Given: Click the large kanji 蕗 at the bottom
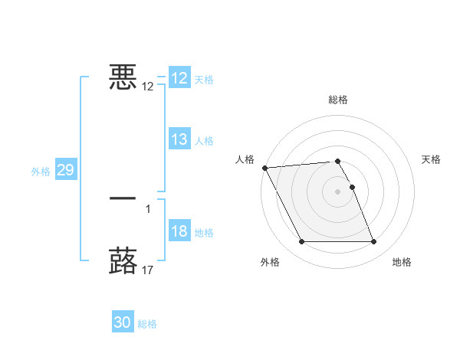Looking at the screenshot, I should (x=123, y=260).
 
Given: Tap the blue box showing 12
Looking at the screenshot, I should (x=179, y=78).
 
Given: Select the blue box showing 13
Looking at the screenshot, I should (x=179, y=139).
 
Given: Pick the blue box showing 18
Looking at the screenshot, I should (x=179, y=232).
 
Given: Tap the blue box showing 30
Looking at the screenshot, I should (x=123, y=322).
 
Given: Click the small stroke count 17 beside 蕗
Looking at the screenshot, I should (x=148, y=270).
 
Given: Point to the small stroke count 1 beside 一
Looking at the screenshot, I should (x=148, y=208).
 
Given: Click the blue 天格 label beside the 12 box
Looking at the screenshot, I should (x=204, y=80).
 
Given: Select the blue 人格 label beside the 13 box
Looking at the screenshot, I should (x=204, y=141).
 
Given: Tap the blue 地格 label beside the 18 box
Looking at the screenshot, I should (x=204, y=233).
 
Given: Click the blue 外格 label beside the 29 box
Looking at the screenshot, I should (x=41, y=172).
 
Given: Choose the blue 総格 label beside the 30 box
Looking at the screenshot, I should (x=147, y=324).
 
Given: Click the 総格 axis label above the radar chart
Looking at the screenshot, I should (x=338, y=100).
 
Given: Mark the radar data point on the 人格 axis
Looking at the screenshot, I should (x=264, y=168).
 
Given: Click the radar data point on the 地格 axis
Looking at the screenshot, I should (x=374, y=242).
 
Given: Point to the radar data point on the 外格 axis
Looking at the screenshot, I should (x=301, y=242).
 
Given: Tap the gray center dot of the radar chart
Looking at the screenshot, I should (x=338, y=191).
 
